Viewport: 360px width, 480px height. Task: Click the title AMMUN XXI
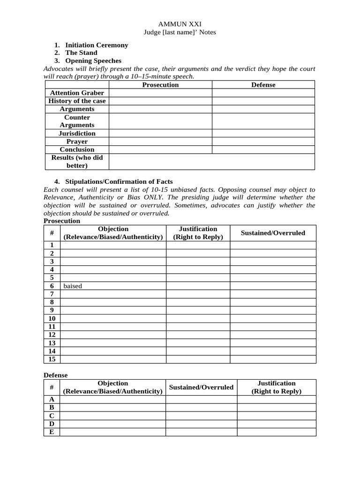180,24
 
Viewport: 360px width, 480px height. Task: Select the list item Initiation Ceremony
97,45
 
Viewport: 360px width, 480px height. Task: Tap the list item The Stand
81,53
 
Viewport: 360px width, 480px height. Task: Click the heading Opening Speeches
93,61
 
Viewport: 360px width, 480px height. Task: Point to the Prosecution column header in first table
160,85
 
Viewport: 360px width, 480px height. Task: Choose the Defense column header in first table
263,85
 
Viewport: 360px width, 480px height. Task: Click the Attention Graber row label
77,93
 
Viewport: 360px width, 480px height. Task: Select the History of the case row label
77,101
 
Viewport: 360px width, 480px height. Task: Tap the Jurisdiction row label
77,133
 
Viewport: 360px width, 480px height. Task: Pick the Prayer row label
77,142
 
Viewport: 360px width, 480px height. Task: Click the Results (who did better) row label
77,162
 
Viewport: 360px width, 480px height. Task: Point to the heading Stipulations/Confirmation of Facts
119,181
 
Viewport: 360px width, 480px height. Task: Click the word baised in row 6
73,286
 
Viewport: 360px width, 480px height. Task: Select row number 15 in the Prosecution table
52,359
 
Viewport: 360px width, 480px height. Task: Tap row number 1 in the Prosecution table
52,245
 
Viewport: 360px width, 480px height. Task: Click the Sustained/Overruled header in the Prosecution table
273,233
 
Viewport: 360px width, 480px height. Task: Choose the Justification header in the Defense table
276,387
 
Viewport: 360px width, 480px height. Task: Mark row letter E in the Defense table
52,432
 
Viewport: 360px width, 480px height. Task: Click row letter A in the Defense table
52,399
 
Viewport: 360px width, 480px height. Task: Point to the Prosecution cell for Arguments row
160,109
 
